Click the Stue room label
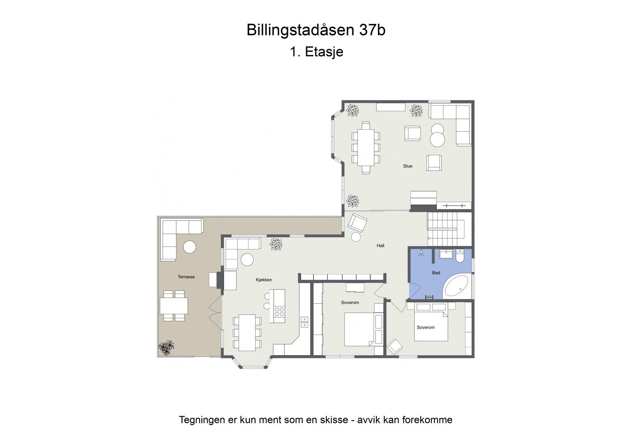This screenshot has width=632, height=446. pos(408,166)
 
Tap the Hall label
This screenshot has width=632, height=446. pos(380,246)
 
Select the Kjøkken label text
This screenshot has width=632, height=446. pos(264,280)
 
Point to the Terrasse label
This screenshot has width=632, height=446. pos(186,277)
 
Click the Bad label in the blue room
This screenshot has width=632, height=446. pos(436,273)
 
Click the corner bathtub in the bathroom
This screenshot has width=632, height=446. pos(457,286)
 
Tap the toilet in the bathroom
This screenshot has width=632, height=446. pos(460,257)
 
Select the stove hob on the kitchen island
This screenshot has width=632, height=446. pos(279,312)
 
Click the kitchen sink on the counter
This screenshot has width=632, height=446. pos(304,322)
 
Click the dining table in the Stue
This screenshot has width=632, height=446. pos(366,147)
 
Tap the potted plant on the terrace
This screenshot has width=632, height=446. pos(166,347)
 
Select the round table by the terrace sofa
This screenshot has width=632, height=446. pos(190,247)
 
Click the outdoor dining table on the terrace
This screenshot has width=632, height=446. pos(174,306)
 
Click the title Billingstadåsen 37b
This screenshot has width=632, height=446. pos(316,30)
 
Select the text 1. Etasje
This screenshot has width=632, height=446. pos(316,52)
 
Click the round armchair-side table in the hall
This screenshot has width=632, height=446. pos(356,237)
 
